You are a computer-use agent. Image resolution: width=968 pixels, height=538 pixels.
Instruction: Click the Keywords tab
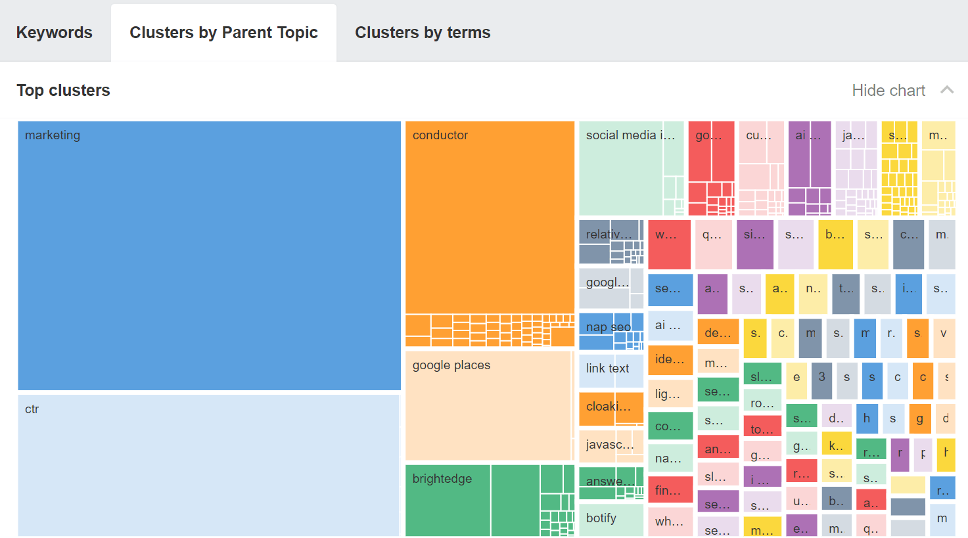coord(55,32)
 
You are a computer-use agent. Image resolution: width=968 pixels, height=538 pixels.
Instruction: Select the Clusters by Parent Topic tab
coord(223,32)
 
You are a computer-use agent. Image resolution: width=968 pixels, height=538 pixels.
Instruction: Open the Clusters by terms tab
coord(423,32)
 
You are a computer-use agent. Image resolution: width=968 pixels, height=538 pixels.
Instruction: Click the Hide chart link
coord(888,90)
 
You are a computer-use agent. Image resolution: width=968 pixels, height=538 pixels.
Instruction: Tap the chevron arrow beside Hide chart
coord(947,90)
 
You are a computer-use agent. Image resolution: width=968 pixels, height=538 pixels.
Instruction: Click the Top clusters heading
coord(63,90)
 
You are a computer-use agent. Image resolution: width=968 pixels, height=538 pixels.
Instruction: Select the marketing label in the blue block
coord(53,135)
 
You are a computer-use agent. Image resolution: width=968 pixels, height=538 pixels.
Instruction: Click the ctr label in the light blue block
coord(32,409)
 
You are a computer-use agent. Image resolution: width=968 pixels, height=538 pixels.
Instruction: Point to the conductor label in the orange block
coord(440,135)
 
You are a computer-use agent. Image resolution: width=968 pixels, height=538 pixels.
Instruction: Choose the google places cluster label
coord(451,365)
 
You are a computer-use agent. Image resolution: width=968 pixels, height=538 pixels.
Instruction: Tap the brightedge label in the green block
coord(442,479)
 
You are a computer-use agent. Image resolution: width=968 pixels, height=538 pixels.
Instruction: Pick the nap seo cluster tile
coord(608,327)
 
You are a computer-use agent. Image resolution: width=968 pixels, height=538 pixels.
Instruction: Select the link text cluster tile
coord(608,369)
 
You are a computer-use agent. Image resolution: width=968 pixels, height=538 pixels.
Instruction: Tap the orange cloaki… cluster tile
coord(608,407)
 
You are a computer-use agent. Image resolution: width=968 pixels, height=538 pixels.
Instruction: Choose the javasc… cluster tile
coord(608,445)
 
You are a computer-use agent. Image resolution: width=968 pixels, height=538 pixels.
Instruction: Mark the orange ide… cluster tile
coord(670,360)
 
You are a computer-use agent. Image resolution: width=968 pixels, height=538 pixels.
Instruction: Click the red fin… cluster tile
coord(670,491)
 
